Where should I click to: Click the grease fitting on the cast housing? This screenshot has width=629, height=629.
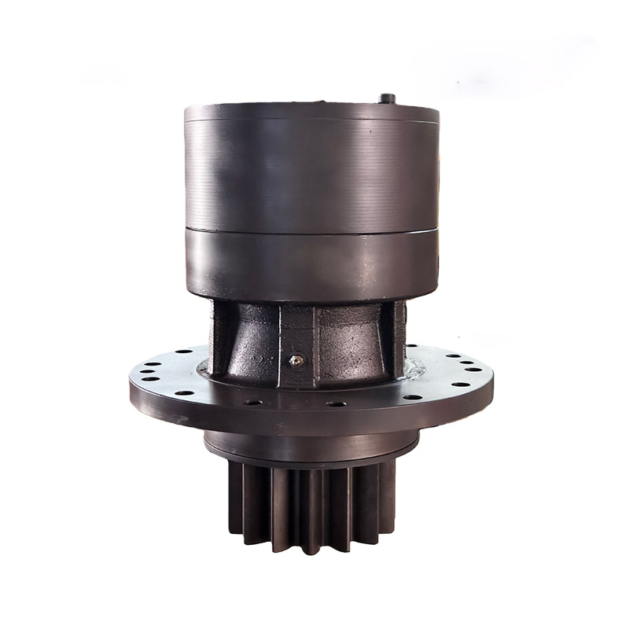coord(296,361)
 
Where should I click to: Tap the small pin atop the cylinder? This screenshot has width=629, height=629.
coord(386,99)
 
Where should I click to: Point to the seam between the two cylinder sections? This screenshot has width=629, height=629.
coord(311,230)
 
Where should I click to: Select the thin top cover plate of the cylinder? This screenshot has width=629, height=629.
coord(311,112)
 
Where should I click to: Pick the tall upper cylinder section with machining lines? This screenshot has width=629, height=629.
coord(311,173)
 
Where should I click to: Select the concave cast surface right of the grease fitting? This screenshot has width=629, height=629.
coord(350,346)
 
